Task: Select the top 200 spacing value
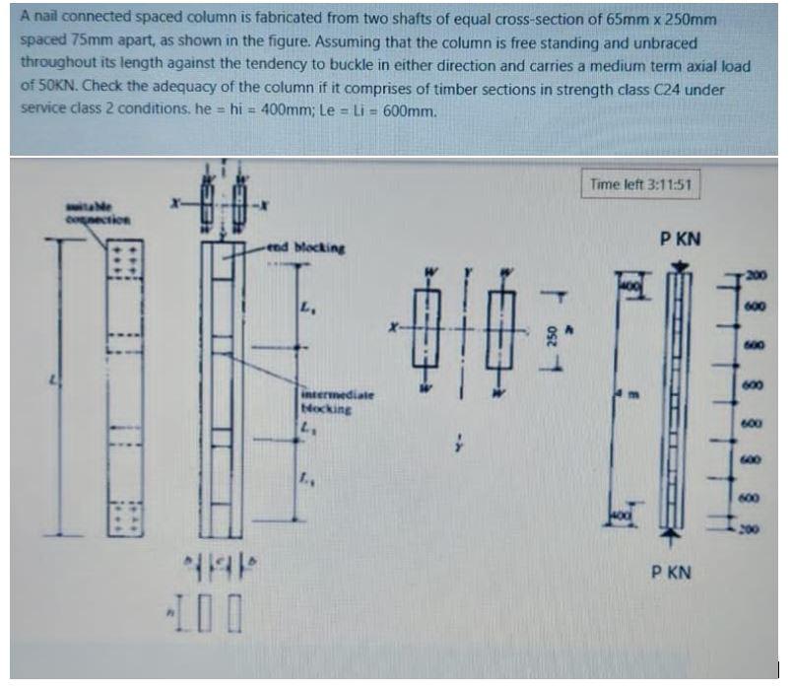point(756,273)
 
